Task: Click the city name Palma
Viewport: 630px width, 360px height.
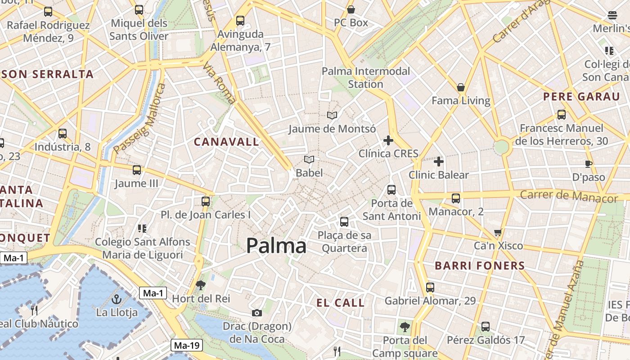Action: (x=276, y=246)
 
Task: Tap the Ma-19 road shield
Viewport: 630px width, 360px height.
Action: (x=187, y=346)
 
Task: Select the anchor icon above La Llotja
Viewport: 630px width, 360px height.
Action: (x=117, y=299)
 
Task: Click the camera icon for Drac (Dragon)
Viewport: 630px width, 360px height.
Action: (x=256, y=313)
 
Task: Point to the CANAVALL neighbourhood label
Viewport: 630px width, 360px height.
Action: (x=226, y=142)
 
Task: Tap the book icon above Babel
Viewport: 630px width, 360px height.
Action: (x=309, y=159)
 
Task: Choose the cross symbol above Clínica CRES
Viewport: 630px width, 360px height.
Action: (x=388, y=140)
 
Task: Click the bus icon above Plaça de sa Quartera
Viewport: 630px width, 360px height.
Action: (x=344, y=221)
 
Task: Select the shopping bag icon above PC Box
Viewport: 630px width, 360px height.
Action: (x=351, y=9)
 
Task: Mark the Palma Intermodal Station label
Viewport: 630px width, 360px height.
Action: (x=366, y=77)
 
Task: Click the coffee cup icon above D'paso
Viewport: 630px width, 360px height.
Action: (x=589, y=164)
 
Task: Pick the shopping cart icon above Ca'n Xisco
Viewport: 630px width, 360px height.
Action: (x=498, y=233)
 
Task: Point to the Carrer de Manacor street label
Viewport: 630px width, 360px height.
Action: (x=569, y=196)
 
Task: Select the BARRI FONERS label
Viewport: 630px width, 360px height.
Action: (x=480, y=265)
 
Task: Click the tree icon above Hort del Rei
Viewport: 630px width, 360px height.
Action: (x=201, y=285)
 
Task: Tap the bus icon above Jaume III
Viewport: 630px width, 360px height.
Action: (x=137, y=170)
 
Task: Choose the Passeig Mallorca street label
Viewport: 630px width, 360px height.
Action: (x=140, y=118)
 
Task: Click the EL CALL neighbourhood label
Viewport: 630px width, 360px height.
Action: (x=340, y=303)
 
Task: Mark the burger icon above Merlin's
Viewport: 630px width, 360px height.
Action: (x=612, y=15)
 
